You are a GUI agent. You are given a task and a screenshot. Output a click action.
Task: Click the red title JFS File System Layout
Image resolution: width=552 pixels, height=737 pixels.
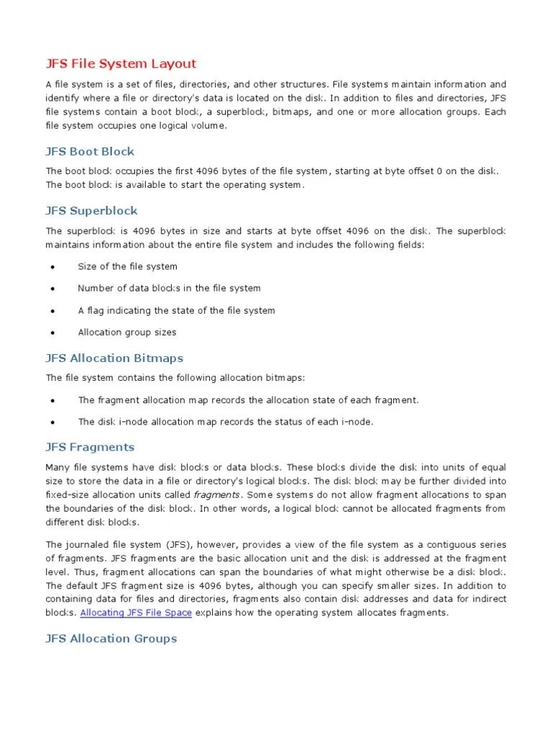point(121,63)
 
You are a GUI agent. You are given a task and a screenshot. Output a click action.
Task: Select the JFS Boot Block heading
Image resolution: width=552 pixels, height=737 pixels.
point(90,151)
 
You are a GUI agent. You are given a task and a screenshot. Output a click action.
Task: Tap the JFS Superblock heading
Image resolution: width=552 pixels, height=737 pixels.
point(91,210)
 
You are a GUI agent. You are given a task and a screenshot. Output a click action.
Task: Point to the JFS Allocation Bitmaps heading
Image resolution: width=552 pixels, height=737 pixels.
point(114,358)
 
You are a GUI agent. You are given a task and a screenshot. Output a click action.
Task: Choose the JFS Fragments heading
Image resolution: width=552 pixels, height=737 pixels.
point(90,447)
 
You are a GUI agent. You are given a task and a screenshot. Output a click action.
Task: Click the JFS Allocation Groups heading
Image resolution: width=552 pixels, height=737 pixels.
point(111,638)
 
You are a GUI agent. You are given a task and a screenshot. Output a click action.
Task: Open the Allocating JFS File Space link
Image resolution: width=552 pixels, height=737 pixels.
point(136,612)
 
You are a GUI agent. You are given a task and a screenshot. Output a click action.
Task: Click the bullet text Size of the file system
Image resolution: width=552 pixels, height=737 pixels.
point(127,266)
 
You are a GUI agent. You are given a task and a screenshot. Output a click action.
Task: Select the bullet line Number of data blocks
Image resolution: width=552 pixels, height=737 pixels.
point(169,288)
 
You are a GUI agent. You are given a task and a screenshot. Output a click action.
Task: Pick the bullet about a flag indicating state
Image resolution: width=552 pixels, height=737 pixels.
point(176,310)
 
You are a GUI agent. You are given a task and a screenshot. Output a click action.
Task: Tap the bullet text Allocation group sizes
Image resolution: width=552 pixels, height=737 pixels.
point(126,332)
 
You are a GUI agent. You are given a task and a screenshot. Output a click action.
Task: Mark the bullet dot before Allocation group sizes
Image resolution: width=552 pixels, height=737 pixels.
point(53,333)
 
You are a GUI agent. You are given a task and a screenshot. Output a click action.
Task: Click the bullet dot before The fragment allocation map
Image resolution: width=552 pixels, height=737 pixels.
point(53,400)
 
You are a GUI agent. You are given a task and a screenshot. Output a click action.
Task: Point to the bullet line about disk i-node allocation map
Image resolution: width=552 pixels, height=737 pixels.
point(226,421)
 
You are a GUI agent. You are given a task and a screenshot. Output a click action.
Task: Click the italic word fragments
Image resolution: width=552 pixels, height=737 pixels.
point(216,494)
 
